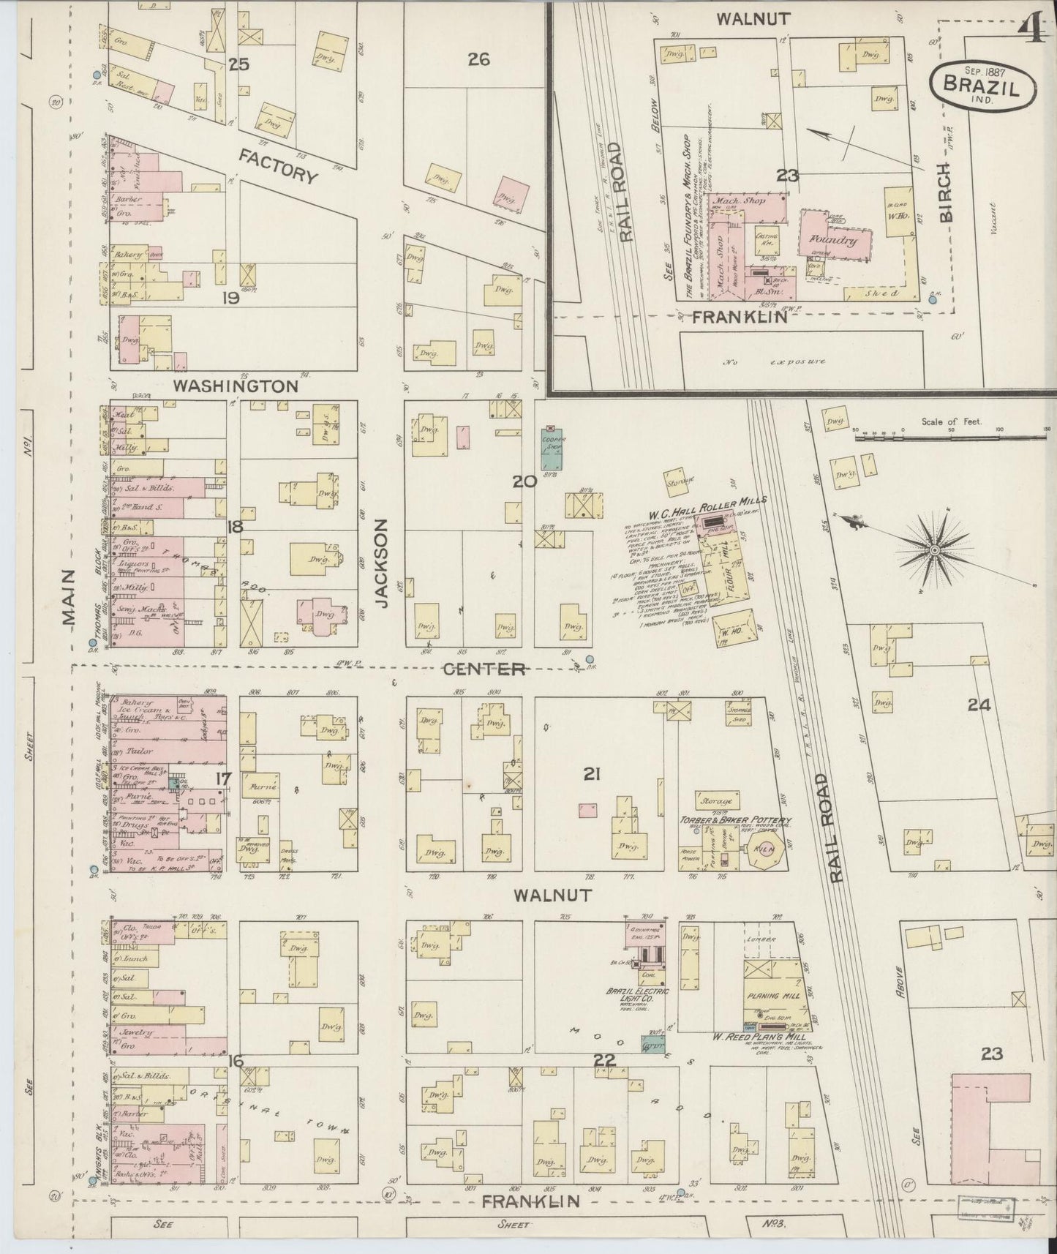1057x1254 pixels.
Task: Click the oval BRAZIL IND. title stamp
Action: click(982, 84)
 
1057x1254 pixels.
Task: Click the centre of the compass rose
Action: click(934, 549)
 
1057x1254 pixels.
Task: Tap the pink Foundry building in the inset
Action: click(836, 238)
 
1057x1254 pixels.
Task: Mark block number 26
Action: click(478, 59)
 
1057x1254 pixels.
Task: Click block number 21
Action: click(591, 774)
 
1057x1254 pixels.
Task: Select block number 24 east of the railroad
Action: click(978, 705)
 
